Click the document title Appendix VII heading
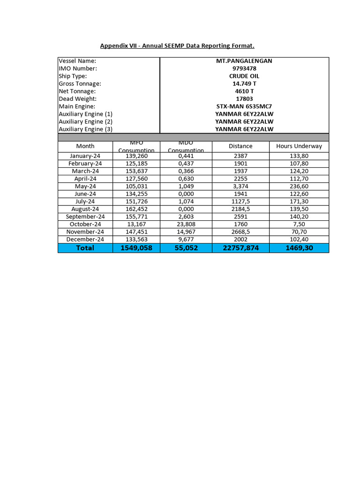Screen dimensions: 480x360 click(177, 45)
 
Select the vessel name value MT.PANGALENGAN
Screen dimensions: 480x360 click(244, 61)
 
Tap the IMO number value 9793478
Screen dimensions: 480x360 click(244, 68)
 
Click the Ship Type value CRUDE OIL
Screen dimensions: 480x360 click(244, 76)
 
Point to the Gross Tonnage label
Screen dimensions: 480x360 click(80, 83)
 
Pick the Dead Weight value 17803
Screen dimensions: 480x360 click(244, 99)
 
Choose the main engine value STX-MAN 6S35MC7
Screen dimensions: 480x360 click(244, 106)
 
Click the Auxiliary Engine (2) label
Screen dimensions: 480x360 click(85, 121)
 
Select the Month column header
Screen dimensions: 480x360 click(85, 146)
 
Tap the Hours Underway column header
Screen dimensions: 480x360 click(299, 146)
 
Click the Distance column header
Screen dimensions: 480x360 click(240, 146)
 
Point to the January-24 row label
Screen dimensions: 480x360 click(85, 156)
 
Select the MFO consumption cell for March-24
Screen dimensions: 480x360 click(136, 171)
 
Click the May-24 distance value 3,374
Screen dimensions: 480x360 click(240, 186)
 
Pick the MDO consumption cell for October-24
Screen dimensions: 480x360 click(186, 224)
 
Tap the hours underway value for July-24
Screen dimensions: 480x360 click(299, 202)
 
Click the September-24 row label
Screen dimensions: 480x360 click(85, 217)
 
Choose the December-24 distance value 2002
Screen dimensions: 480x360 click(240, 239)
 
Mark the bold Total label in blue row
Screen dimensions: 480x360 click(85, 248)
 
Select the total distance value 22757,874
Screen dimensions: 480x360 click(240, 248)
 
